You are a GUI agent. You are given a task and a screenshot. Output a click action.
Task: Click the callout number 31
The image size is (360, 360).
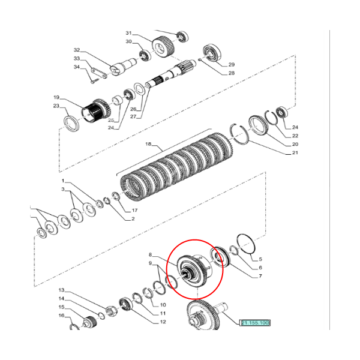(128, 32)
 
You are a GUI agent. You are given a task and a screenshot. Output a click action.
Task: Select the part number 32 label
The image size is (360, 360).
(76, 50)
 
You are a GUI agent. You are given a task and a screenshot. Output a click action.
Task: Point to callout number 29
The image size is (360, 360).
(231, 64)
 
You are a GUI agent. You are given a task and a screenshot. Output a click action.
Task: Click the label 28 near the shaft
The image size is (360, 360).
(231, 73)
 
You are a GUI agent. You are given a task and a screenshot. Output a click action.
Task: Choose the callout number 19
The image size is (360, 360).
(56, 97)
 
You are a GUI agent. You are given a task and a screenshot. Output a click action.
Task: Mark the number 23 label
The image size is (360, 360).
(56, 106)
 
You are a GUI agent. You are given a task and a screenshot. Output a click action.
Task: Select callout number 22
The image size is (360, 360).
(295, 136)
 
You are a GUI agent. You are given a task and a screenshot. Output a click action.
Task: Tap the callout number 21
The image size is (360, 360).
(295, 153)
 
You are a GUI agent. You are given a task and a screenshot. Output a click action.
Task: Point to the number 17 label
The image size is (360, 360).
(135, 210)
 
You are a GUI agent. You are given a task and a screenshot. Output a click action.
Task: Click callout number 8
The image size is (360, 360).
(152, 254)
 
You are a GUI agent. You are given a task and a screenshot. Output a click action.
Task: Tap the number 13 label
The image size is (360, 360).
(61, 290)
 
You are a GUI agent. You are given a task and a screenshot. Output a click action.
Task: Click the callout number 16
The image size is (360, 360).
(61, 315)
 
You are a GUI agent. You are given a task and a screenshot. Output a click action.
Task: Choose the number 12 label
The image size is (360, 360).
(163, 322)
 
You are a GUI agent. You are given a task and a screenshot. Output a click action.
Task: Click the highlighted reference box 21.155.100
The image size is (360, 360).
(256, 323)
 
